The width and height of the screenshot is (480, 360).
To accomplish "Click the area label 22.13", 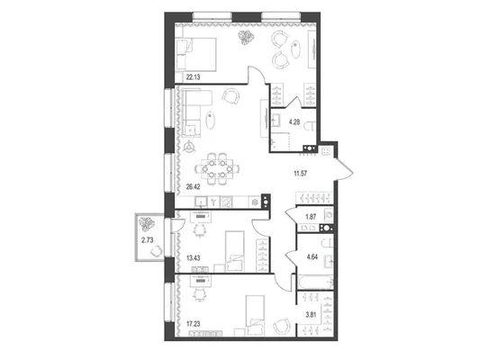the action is coord(193,77).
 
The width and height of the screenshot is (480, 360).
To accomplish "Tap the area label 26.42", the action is coord(193,187).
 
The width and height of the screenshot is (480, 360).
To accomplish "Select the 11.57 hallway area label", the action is coord(300,174).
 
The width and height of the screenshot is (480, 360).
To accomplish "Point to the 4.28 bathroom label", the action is coord(294,122).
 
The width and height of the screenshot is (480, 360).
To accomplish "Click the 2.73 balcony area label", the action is coord(148,240).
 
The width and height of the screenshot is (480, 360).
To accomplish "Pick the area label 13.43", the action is coord(193,258).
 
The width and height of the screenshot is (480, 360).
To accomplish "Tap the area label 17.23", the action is coord(193,324).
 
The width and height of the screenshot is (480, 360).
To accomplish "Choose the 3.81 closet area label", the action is coord(311,315).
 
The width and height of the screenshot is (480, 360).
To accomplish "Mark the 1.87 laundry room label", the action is coord(311,217).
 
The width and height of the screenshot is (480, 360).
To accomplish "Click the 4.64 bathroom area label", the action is coord(312,256).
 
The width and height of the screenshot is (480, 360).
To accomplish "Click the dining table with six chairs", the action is coord(217,168).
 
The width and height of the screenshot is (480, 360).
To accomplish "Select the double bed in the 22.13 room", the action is coord(196,55).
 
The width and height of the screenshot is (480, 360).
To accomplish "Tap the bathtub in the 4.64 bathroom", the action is coord(315,282).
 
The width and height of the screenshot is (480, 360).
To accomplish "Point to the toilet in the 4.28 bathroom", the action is coord(311,125).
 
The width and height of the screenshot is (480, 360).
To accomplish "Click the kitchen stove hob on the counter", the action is coord(227,202).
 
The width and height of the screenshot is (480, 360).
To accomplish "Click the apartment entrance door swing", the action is coord(343,168).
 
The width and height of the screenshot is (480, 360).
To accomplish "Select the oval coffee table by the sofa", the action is coord(211,120).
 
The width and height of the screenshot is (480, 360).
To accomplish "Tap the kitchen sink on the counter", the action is coord(201,202).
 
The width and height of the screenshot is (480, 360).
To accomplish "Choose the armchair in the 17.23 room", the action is coord(282,327).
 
